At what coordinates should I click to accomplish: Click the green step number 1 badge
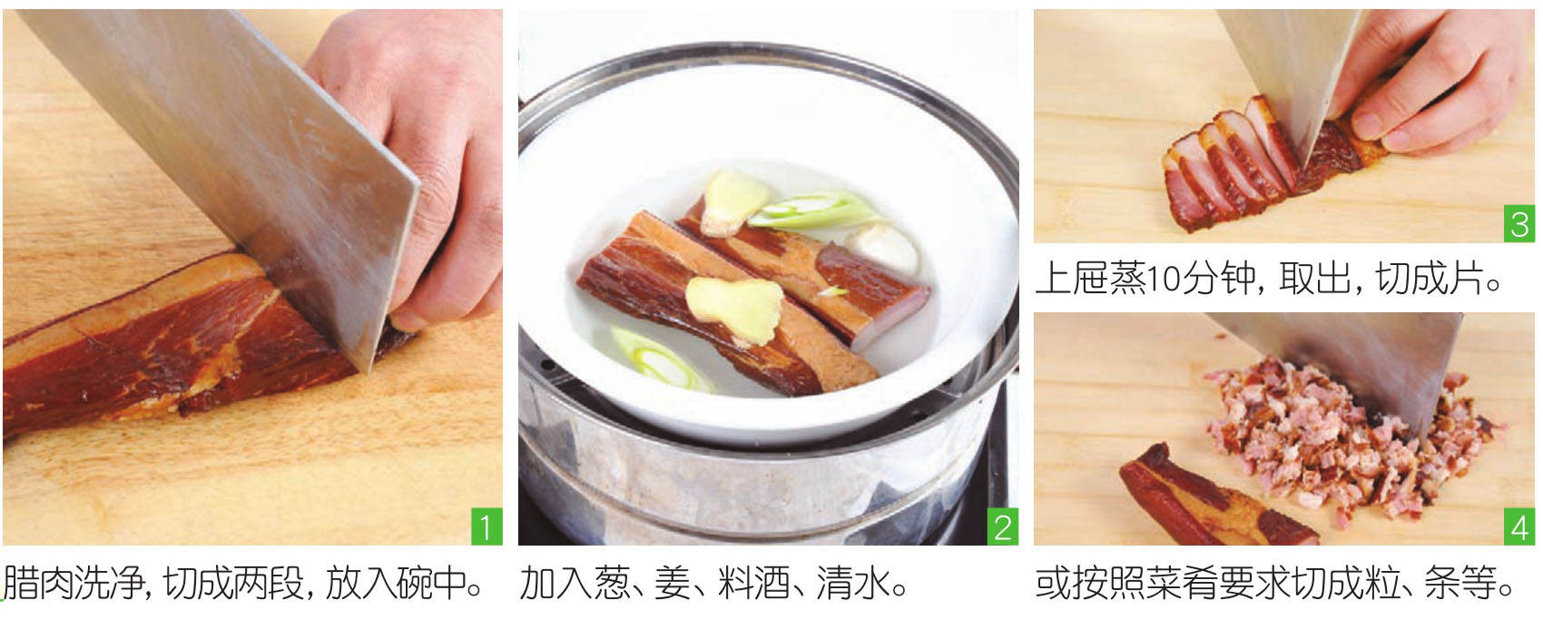pyautogui.click(x=486, y=527)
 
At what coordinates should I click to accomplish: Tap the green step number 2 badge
pyautogui.click(x=1002, y=527)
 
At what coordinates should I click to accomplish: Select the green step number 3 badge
pyautogui.click(x=1518, y=224)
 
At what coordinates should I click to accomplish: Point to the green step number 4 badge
pyautogui.click(x=1518, y=527)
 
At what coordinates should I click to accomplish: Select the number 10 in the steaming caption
pyautogui.click(x=1165, y=279)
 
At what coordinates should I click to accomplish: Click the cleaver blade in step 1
pyautogui.click(x=227, y=159)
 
